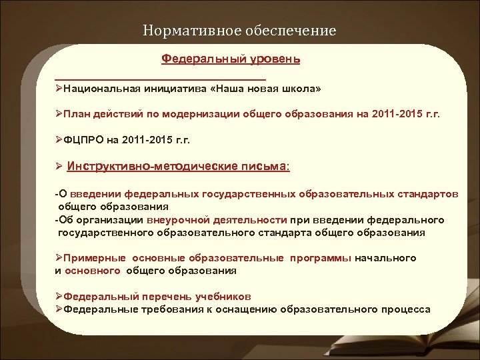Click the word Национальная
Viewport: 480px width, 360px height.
tap(101, 89)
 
